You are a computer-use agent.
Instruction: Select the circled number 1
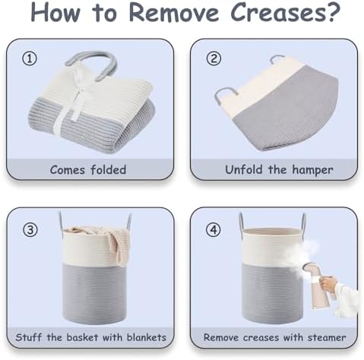click(30, 58)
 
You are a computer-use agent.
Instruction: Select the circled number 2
click(214, 58)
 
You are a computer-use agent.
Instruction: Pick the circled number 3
click(30, 230)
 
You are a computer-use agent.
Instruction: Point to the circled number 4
click(214, 230)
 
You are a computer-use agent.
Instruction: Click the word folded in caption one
click(108, 169)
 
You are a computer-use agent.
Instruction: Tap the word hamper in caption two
click(312, 169)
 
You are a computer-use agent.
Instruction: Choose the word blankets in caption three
click(147, 337)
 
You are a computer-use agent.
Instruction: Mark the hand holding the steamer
click(329, 284)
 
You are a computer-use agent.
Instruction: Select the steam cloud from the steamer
click(299, 251)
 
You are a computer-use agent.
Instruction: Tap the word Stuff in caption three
click(28, 337)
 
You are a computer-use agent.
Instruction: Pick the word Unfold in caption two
click(243, 169)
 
